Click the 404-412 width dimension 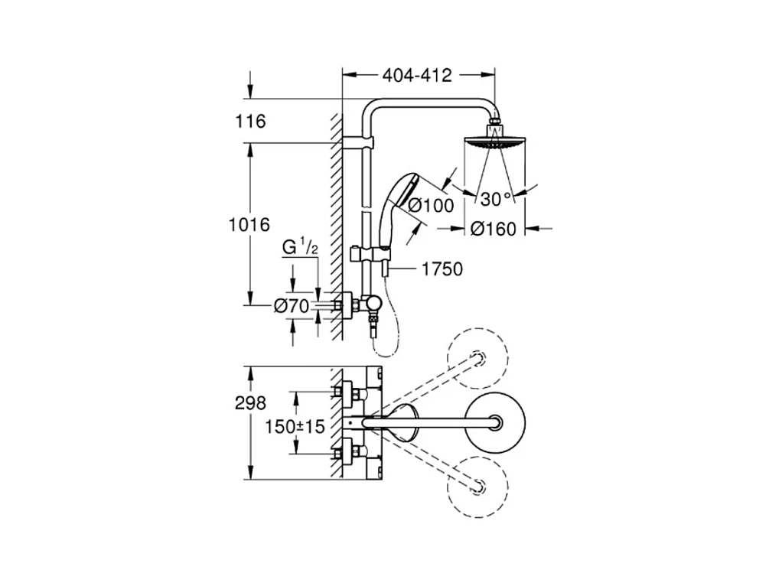pos(417,75)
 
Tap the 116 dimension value pos(250,121)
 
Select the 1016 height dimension pos(249,224)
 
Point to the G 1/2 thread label pos(300,247)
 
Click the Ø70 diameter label pos(292,305)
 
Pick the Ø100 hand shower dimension pos(431,205)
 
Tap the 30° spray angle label pos(497,199)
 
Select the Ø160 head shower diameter pos(494,229)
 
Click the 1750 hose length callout pos(442,269)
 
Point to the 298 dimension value pos(250,403)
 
